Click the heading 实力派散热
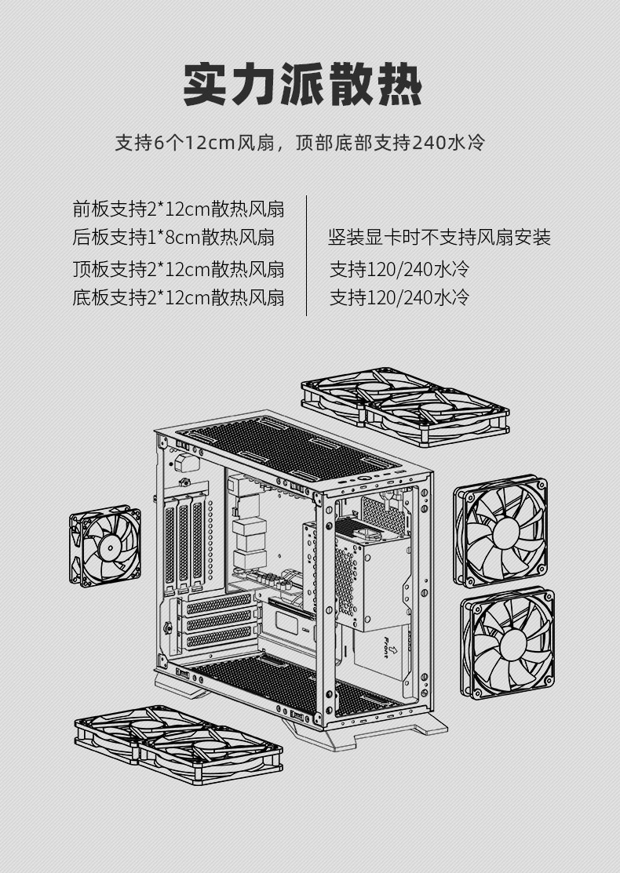[302, 85]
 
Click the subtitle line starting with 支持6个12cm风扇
[301, 143]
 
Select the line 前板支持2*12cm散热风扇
[178, 209]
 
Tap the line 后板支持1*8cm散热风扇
[173, 237]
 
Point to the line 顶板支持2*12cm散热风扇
[178, 270]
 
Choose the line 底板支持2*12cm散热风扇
[178, 298]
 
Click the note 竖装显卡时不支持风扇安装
[439, 237]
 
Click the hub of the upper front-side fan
[501, 530]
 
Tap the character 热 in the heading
[397, 85]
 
